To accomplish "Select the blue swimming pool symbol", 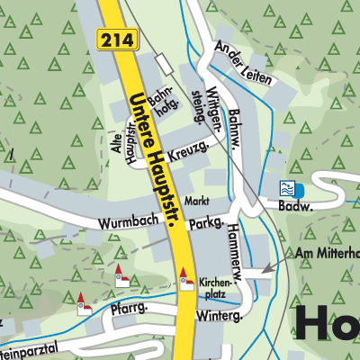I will pos(288,188).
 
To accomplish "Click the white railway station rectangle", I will pos(163,63).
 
